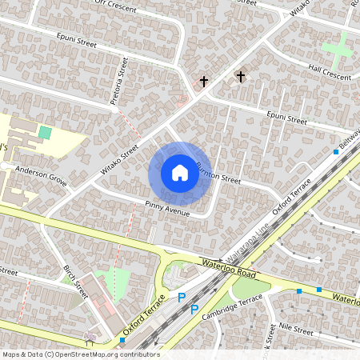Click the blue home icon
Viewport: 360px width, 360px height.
pos(180,173)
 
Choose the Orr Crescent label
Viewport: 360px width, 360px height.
pos(110,4)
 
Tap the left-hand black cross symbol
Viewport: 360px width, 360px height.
pos(204,82)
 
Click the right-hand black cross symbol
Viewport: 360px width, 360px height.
pos(240,76)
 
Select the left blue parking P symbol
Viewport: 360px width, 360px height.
pos(182,298)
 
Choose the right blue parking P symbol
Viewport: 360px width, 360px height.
pos(194,308)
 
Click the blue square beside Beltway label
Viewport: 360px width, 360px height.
pos(335,152)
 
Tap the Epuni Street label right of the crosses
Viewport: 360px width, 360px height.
pos(287,119)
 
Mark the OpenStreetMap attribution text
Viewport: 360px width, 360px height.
pos(81,354)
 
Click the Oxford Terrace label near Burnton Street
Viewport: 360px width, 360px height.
pos(292,196)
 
